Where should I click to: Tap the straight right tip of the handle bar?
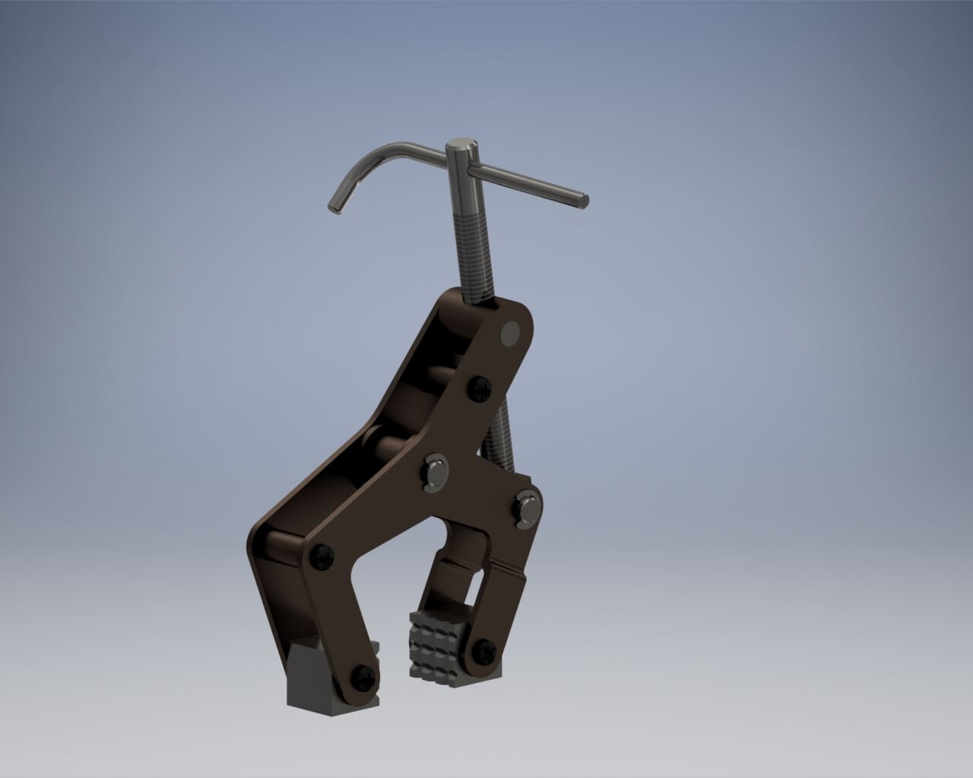(x=583, y=200)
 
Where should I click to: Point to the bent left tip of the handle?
(x=334, y=205)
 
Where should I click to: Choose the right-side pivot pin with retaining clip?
(x=527, y=507)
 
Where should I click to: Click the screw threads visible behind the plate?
(x=502, y=441)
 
